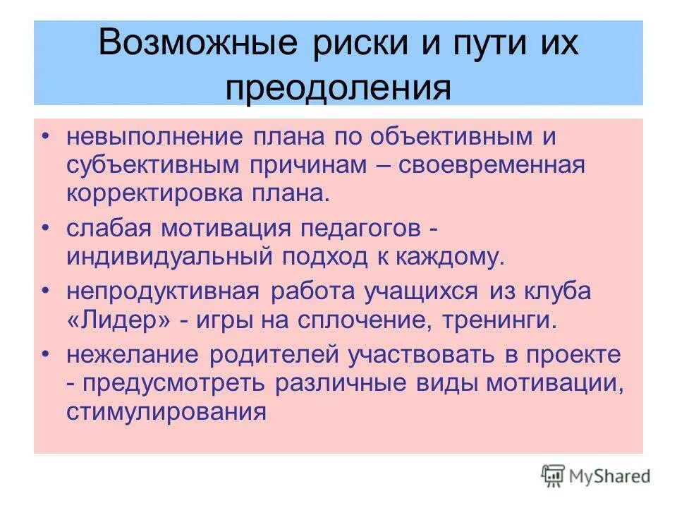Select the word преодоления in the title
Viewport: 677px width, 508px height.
[338, 87]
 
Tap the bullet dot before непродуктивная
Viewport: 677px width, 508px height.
[45, 291]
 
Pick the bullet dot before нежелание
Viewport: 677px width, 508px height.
[45, 354]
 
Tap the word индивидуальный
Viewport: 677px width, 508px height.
[170, 256]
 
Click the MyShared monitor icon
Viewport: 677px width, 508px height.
[554, 476]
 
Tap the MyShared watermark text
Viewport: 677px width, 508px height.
[611, 476]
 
